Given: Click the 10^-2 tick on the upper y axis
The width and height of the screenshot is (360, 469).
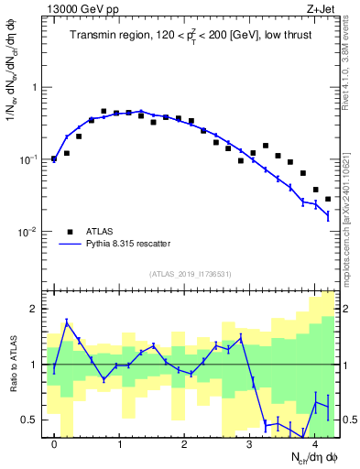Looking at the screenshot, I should coord(31,232).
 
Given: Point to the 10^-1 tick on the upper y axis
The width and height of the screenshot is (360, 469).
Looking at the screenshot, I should coord(31,159).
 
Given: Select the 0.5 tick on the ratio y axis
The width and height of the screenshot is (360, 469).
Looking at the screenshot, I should coord(30,420).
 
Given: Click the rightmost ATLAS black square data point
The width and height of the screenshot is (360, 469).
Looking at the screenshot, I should coord(328,199).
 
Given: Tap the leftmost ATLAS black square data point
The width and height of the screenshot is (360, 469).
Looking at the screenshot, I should coord(54,159).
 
